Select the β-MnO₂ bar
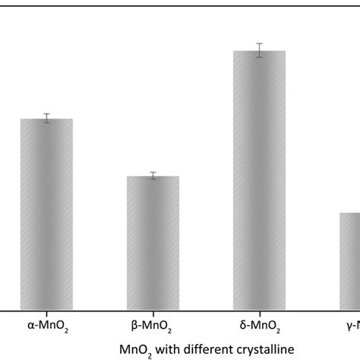[x=153, y=243]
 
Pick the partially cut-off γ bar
[x=349, y=261]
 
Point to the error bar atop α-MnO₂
[x=46, y=118]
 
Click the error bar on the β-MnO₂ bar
[x=153, y=175]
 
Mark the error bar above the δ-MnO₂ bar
[x=259, y=49]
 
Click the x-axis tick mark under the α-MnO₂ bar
[x=46, y=313]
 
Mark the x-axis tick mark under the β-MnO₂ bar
[x=153, y=313]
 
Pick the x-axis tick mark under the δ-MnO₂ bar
[x=259, y=313]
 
